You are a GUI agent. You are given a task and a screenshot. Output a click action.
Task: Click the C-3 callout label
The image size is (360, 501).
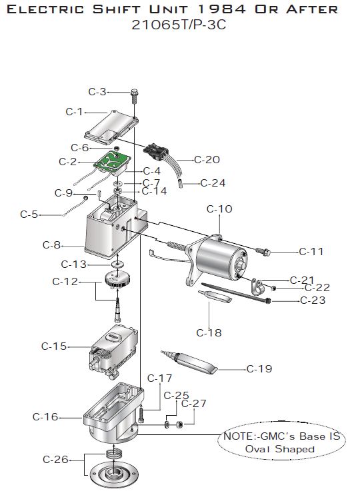[x=97, y=92]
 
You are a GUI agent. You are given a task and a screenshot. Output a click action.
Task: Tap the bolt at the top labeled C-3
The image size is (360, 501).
[x=134, y=96]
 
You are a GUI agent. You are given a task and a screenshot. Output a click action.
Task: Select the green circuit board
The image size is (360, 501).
[x=112, y=161]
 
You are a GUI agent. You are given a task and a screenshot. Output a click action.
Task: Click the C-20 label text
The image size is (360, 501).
[x=207, y=160]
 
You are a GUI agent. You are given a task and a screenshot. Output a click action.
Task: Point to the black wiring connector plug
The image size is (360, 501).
[x=156, y=150]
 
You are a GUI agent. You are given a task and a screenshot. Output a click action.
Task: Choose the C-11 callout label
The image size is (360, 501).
[x=311, y=252]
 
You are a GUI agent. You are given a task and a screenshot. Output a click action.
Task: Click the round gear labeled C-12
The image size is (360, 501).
[x=117, y=279]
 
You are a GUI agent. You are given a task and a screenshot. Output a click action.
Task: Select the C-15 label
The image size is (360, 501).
[x=54, y=346]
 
